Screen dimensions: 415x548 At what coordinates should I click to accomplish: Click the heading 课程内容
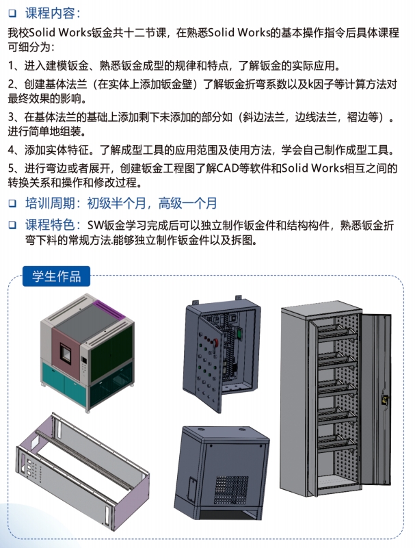coord(50,13)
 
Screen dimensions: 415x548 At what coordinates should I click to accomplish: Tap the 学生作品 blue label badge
coord(57,276)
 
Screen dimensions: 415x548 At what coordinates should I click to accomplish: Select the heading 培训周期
coord(51,203)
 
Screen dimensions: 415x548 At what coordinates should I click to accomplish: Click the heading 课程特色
coord(51,224)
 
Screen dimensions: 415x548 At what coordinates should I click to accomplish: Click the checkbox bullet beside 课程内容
coord(12,13)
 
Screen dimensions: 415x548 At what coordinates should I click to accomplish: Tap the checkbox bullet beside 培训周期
coord(12,203)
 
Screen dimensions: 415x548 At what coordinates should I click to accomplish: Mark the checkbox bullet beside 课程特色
coord(12,225)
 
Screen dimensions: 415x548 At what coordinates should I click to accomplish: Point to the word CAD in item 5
coord(228,168)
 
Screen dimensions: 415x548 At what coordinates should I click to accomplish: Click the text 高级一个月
coord(187,203)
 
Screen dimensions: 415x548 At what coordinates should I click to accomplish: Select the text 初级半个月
coord(116,203)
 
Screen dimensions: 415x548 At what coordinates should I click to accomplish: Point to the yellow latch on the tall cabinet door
coord(385,399)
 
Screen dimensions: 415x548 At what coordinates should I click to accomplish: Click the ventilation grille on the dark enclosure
coord(231,490)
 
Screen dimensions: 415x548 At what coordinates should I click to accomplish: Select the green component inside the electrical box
coord(239,333)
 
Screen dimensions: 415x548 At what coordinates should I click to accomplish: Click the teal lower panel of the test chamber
coord(65,382)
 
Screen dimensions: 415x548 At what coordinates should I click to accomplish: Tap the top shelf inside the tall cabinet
coord(337,332)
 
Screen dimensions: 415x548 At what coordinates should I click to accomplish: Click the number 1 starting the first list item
coord(10,66)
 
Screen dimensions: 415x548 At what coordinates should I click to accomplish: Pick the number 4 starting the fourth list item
coord(11,151)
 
